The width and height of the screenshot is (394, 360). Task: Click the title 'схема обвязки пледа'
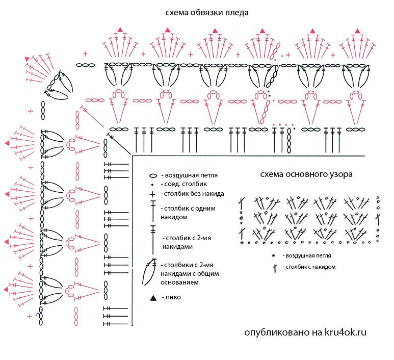coord(207,13)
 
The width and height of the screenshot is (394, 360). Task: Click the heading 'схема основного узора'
coord(306,174)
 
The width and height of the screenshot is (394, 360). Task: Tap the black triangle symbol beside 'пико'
coord(153,298)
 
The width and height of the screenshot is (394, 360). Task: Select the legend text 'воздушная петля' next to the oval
coord(191,175)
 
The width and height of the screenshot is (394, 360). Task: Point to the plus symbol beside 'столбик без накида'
coord(152,194)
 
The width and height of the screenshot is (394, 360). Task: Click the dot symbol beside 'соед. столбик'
coord(152,185)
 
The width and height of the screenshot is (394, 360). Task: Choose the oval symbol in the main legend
coord(153,176)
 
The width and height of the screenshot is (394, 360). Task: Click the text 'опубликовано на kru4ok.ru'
coord(305,332)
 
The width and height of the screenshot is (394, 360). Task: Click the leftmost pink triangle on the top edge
coord(120,30)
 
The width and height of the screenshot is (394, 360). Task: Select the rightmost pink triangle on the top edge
coord(357,31)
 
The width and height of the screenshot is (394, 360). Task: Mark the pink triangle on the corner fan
coord(27,59)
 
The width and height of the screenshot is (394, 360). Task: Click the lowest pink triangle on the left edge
coord(6,289)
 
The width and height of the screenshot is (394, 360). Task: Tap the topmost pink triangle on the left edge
coord(7,143)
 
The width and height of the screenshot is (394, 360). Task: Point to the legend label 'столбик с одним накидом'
coord(188,213)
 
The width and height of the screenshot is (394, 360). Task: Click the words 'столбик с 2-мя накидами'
coord(187,242)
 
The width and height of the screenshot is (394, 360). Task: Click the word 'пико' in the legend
coord(173,297)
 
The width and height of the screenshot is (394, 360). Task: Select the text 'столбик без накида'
coord(194,194)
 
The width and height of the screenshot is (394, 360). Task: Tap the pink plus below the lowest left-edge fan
coord(30,316)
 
